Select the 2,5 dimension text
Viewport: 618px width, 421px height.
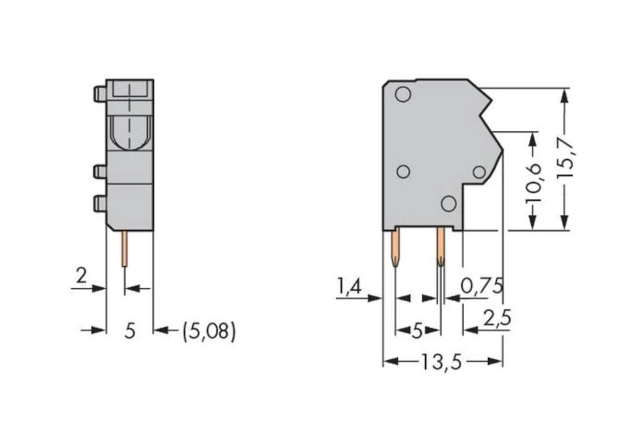[497, 320]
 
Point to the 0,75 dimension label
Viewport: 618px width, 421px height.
[483, 286]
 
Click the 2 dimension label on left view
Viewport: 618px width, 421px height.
[82, 276]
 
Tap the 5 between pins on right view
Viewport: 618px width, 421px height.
[417, 331]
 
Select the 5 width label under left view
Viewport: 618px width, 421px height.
[129, 331]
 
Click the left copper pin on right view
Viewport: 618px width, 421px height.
[395, 247]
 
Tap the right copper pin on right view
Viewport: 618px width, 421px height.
[441, 247]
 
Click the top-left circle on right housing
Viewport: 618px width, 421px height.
[402, 94]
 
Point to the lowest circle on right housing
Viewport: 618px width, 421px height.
[449, 202]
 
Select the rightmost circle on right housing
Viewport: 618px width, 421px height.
[480, 173]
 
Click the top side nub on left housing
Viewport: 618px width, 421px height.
[99, 94]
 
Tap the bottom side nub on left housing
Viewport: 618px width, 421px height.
[99, 203]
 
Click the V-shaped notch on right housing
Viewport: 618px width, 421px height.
[485, 114]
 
